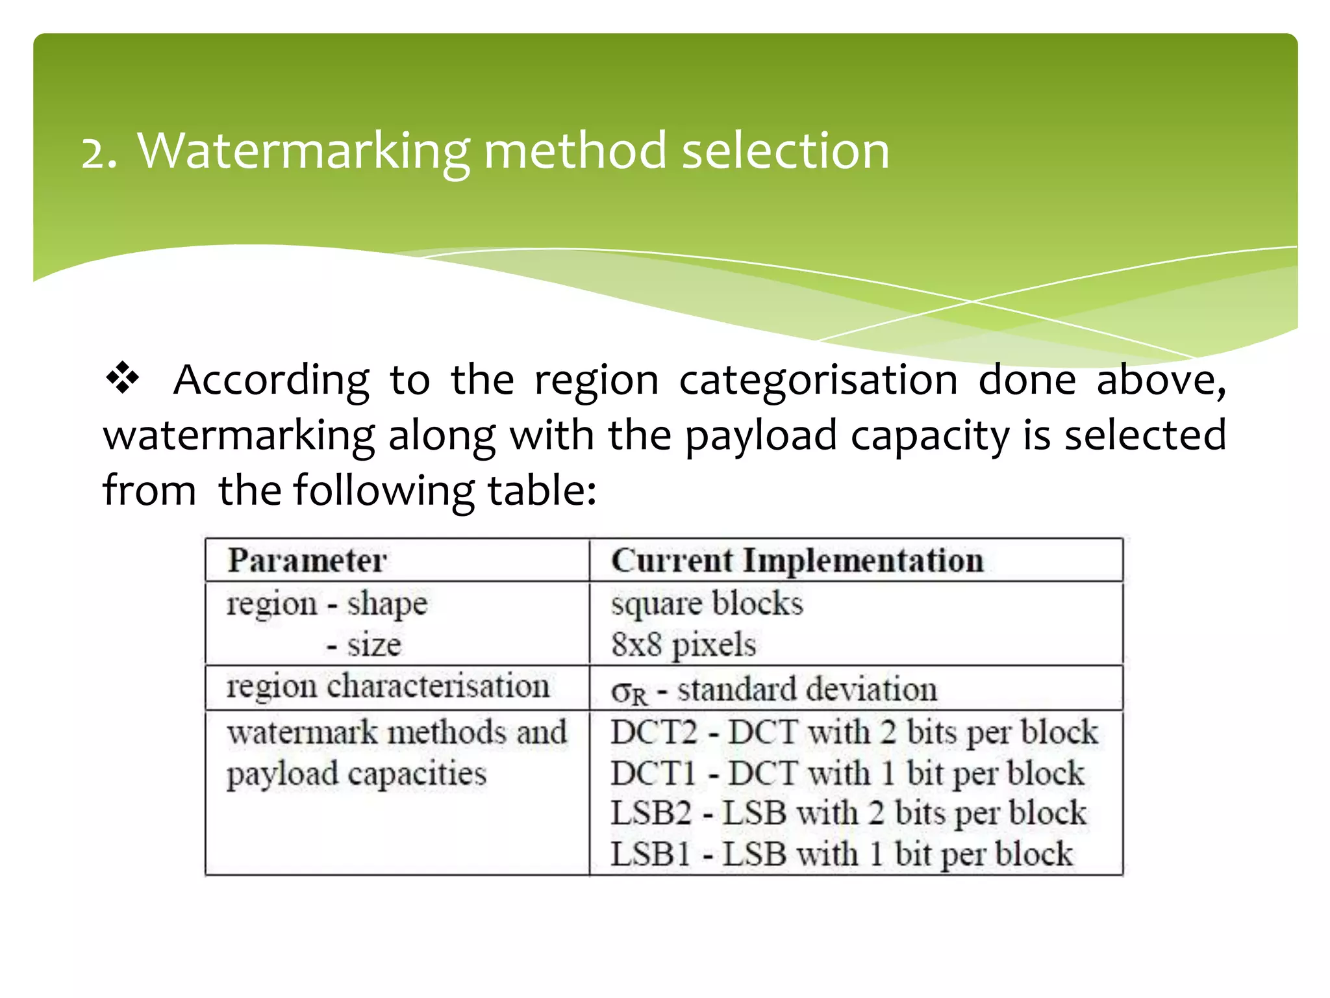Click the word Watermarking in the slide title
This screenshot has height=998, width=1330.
[303, 151]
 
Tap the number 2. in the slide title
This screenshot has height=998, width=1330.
[99, 153]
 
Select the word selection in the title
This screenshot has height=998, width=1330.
[785, 151]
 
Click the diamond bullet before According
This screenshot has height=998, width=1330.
[122, 379]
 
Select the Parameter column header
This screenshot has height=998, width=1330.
[307, 560]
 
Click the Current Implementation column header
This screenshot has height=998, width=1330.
[797, 560]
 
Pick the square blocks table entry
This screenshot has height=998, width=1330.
[707, 604]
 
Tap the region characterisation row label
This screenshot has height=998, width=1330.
[388, 686]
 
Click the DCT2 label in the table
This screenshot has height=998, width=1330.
[653, 732]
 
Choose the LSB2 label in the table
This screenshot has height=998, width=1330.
[651, 813]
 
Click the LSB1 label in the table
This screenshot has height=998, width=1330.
[649, 854]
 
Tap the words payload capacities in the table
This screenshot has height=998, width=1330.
[356, 774]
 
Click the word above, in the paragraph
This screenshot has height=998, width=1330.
[1161, 380]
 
